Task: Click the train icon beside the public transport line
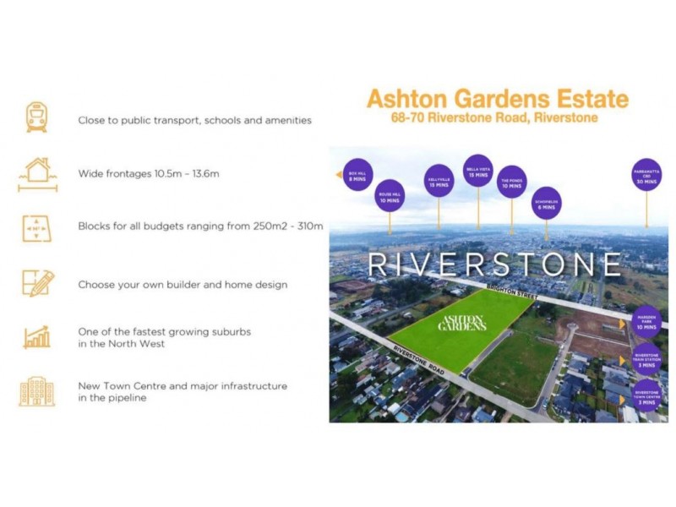tap(36, 117)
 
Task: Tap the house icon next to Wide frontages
tap(37, 173)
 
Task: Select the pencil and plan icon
tap(37, 284)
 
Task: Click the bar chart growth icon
tap(37, 336)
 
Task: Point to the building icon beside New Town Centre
tap(37, 390)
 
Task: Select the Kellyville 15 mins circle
tap(439, 181)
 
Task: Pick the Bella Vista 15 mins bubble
tap(478, 171)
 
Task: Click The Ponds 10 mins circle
tap(511, 182)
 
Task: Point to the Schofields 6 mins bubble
tap(546, 203)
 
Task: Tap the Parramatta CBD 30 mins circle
tap(646, 175)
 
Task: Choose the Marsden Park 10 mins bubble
tap(646, 322)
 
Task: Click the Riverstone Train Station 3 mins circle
tap(646, 359)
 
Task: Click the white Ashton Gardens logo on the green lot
tap(461, 323)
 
